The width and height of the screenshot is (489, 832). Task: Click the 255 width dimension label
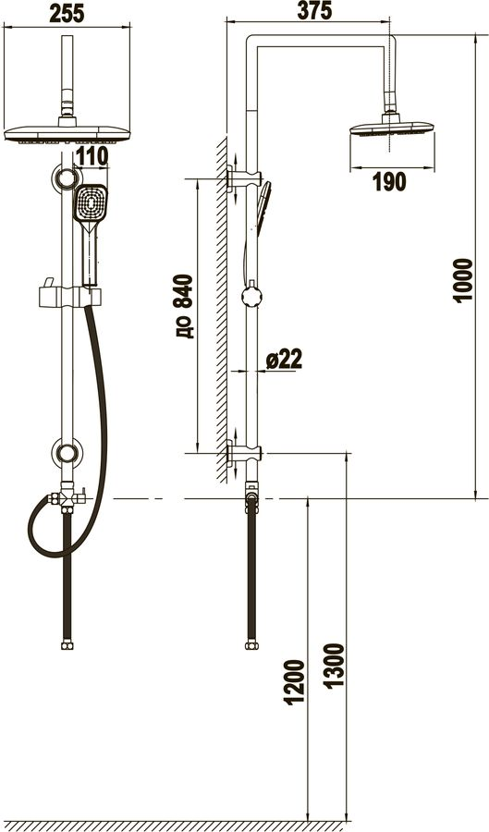tap(67, 13)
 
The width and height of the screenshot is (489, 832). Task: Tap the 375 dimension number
tap(314, 10)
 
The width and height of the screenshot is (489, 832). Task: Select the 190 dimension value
tap(389, 182)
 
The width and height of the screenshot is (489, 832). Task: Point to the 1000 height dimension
tap(462, 280)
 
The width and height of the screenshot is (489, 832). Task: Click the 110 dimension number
tap(92, 156)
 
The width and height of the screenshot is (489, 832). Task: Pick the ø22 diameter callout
tap(284, 360)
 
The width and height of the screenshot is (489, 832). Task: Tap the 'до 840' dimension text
tap(184, 306)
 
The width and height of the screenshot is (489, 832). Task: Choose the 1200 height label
tap(295, 682)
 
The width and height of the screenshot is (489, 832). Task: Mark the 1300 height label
tap(335, 666)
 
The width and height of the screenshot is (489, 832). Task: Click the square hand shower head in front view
tap(91, 203)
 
